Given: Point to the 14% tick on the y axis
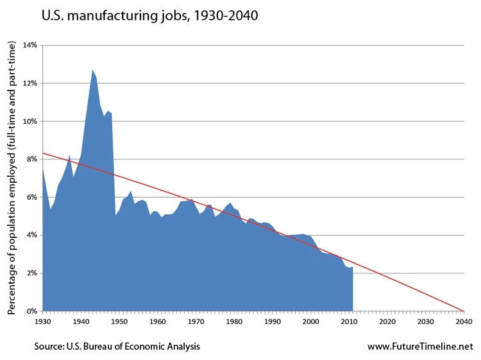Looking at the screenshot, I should tap(30, 46).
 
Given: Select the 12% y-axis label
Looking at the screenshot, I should tap(30, 83).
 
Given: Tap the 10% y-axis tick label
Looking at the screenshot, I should tap(30, 121).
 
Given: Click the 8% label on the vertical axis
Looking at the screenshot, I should tap(31, 159).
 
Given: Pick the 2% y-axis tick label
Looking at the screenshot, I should tap(31, 273).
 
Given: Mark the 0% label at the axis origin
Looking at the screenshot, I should tap(31, 311).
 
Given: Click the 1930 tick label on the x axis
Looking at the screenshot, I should tap(42, 321).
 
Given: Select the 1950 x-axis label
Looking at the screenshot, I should tap(119, 321).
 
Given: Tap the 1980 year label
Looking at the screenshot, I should tap(234, 321).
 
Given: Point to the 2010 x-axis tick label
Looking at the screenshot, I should tap(349, 321).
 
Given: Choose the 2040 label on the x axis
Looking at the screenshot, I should tap(464, 321).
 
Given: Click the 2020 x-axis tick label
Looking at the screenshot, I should tap(387, 321).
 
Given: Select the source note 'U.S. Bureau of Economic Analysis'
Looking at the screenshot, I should tap(117, 347).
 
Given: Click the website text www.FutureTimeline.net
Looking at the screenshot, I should tap(419, 347).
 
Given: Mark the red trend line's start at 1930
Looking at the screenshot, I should tap(43, 153).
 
